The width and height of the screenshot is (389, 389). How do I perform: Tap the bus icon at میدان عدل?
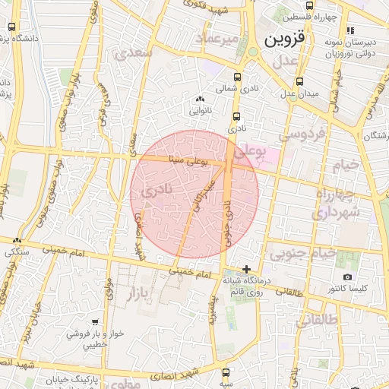[299, 81]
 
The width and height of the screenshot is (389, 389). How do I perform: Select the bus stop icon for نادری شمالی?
[239, 77]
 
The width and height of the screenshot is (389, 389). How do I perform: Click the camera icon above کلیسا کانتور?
[348, 277]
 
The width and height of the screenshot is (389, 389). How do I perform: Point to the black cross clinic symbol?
[246, 269]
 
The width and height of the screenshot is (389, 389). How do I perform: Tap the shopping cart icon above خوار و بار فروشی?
[95, 322]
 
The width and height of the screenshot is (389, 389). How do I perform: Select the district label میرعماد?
[217, 38]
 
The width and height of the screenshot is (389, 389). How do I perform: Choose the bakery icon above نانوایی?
[200, 99]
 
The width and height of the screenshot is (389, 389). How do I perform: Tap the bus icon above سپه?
[226, 372]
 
